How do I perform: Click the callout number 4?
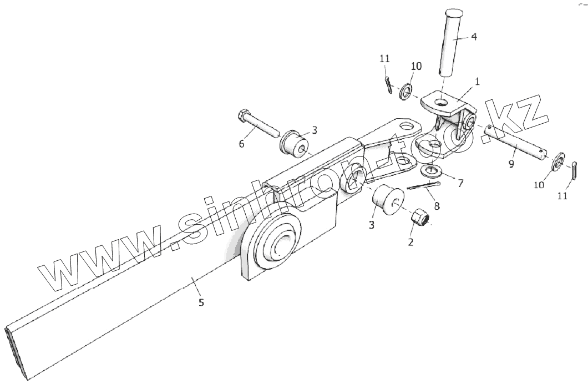(473, 37)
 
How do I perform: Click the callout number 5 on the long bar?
(201, 302)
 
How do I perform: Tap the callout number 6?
(241, 144)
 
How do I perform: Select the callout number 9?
(510, 164)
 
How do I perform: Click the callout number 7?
(460, 183)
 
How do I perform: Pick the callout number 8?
(437, 206)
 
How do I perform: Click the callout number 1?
(477, 81)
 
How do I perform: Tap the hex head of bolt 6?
(243, 118)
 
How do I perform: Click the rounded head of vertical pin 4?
(453, 13)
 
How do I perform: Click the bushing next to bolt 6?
(295, 143)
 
